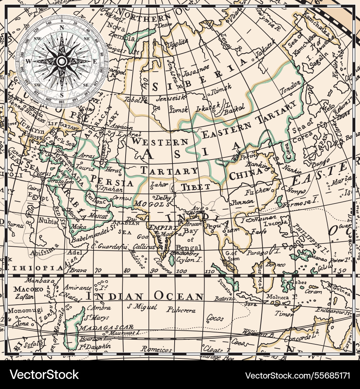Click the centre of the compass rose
tap(62, 61)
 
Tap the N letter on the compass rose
tap(62, 27)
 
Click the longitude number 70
tap(98, 270)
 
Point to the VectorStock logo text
tap(44, 375)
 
